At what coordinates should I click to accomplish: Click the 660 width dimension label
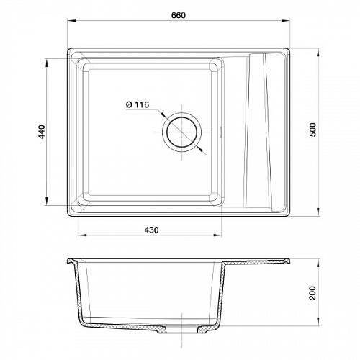click(179, 15)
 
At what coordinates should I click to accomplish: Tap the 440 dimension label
click(42, 132)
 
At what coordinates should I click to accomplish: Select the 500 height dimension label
click(313, 130)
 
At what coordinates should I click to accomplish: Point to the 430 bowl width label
click(151, 230)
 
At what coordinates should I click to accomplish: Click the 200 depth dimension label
click(312, 293)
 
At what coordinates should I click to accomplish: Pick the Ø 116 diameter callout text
click(138, 104)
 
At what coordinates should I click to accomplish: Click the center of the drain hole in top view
click(181, 132)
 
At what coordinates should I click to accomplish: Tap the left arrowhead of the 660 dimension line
click(72, 21)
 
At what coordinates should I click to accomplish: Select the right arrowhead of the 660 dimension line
click(286, 21)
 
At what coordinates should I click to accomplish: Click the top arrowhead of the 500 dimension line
click(318, 53)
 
